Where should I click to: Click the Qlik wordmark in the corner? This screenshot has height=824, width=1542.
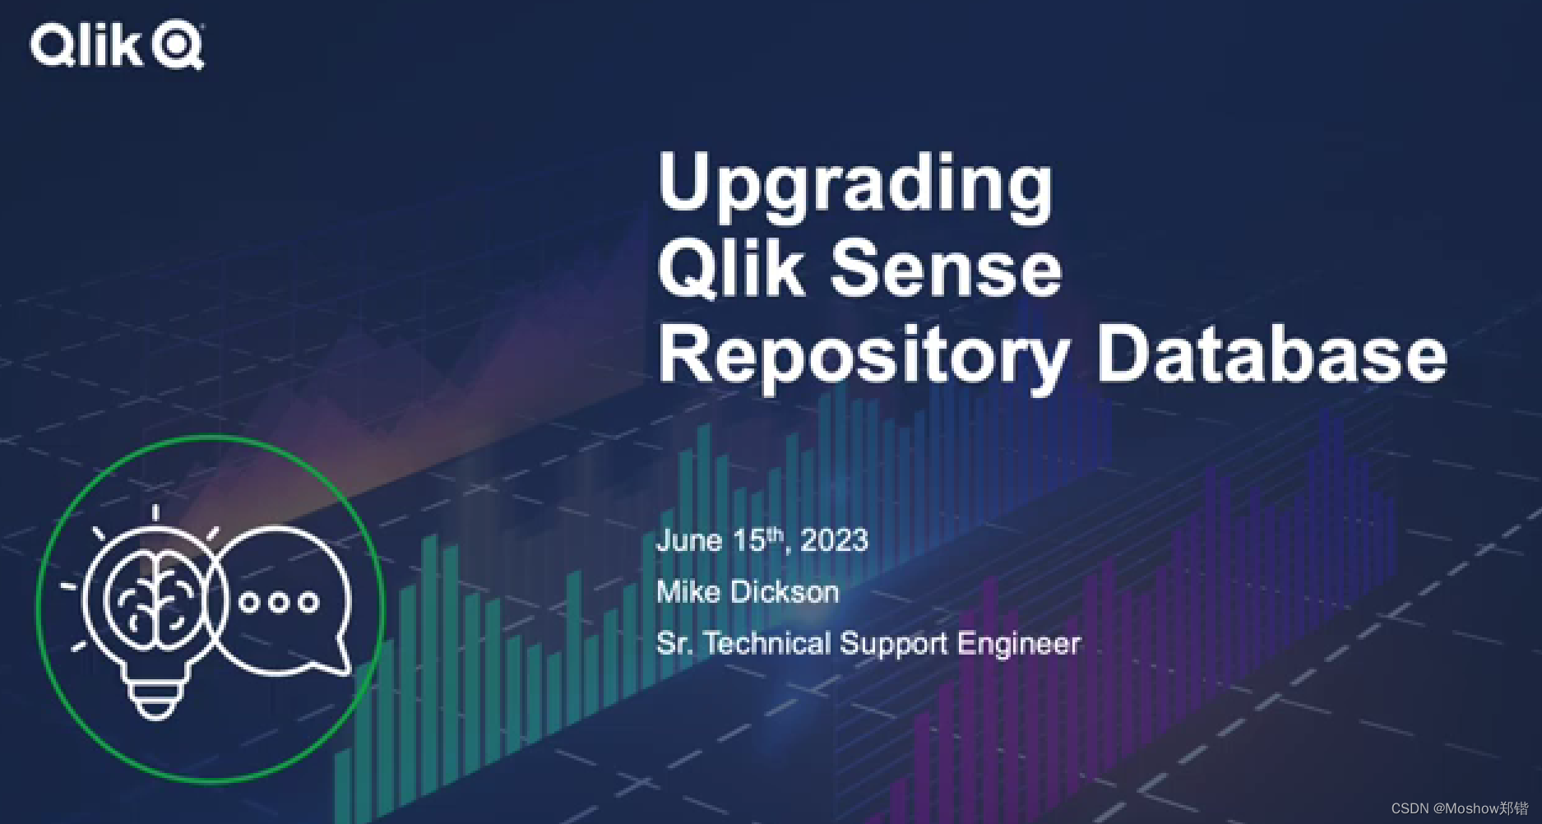pyautogui.click(x=88, y=45)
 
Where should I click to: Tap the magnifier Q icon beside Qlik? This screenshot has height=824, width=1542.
pyautogui.click(x=178, y=46)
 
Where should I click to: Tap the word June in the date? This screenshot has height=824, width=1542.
pyautogui.click(x=689, y=540)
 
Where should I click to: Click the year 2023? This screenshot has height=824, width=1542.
pyautogui.click(x=834, y=540)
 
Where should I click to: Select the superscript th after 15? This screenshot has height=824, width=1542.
pyautogui.click(x=775, y=535)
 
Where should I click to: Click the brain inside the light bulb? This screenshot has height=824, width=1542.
pyautogui.click(x=155, y=600)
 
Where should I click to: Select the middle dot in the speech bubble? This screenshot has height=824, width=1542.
pyautogui.click(x=278, y=602)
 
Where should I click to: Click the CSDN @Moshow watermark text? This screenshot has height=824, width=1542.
pyautogui.click(x=1459, y=808)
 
